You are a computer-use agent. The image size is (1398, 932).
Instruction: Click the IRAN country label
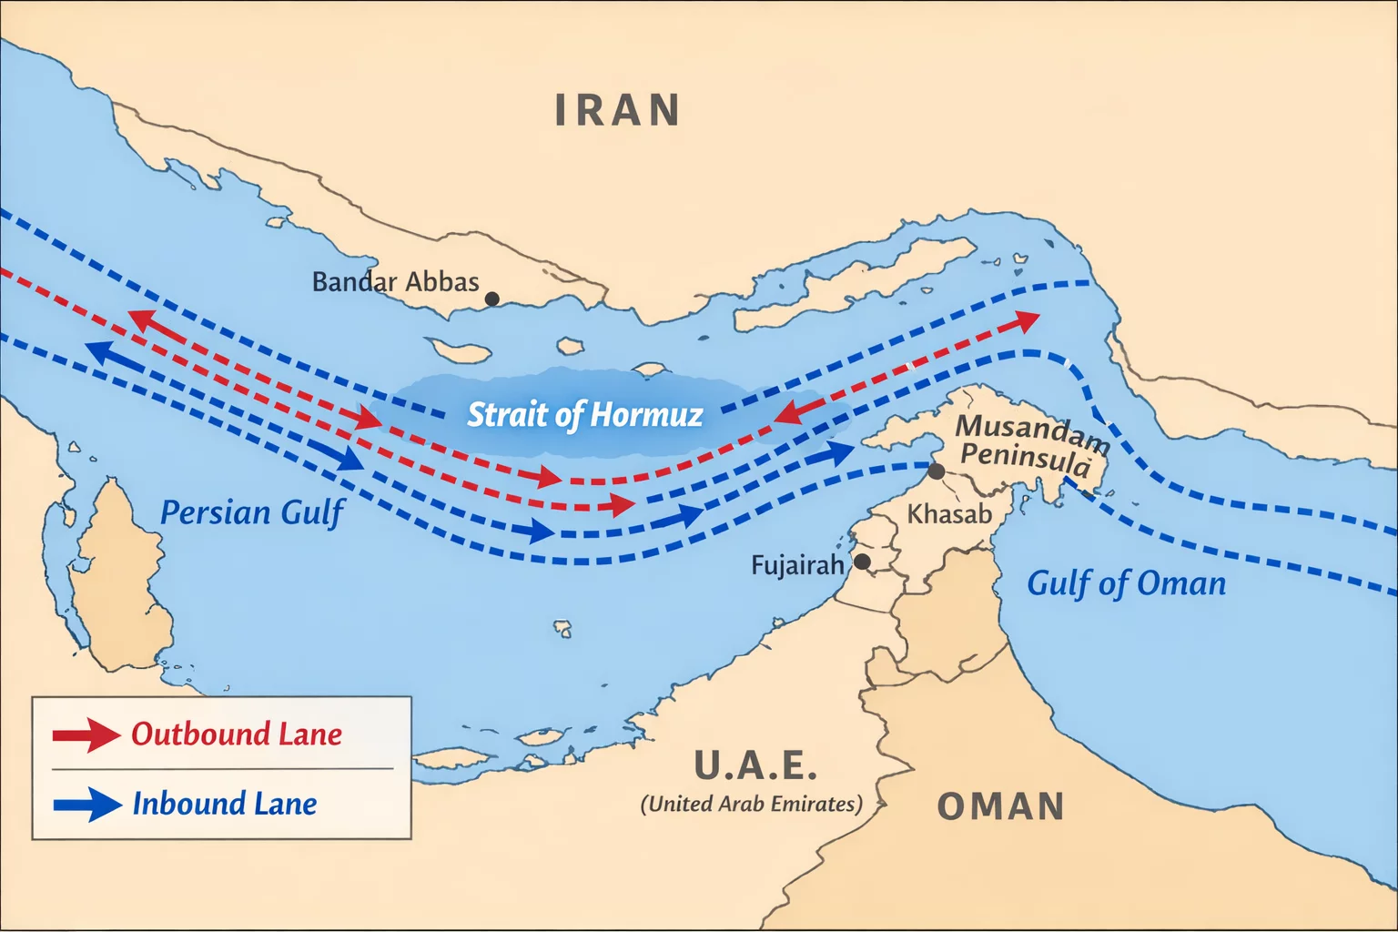(x=617, y=110)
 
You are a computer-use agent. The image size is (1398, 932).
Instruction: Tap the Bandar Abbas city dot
(x=492, y=299)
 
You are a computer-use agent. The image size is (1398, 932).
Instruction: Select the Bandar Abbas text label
(x=395, y=281)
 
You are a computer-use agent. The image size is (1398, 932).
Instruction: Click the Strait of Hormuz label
(x=584, y=415)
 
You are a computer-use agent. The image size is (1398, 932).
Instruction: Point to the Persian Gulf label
(x=252, y=512)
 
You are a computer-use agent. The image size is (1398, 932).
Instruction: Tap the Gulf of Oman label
(x=1126, y=582)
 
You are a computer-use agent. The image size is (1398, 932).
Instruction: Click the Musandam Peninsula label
(x=1030, y=443)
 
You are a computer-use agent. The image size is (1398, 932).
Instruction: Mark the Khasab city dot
(x=936, y=471)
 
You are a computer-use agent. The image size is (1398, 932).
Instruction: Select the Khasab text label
(x=949, y=513)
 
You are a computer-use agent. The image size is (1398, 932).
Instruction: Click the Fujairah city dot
(x=861, y=562)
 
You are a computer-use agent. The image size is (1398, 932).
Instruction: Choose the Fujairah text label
(x=797, y=565)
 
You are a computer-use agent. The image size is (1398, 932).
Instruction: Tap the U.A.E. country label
(x=755, y=765)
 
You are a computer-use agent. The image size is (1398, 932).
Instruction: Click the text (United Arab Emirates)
(x=751, y=804)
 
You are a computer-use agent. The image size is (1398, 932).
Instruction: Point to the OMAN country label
(x=1000, y=806)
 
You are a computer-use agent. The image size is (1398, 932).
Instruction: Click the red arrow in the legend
(x=86, y=734)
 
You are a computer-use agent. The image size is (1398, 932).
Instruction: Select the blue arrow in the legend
(x=87, y=805)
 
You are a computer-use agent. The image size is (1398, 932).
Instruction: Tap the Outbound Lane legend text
(x=237, y=734)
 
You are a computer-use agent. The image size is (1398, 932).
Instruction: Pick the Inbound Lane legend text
(x=225, y=804)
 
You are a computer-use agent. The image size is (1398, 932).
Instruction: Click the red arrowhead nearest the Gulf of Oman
(x=1026, y=320)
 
